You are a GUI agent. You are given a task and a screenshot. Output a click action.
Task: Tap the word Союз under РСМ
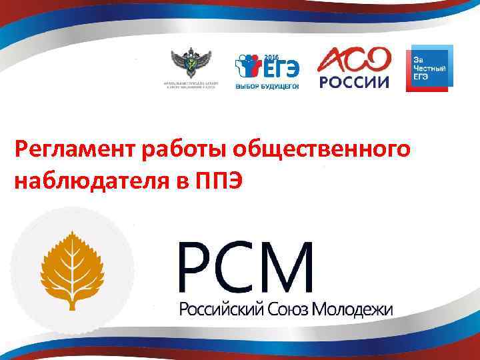pyautogui.click(x=293, y=309)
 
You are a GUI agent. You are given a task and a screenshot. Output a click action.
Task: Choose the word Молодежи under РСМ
pyautogui.click(x=357, y=309)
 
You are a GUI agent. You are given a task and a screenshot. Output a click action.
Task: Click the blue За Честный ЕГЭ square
pyautogui.click(x=429, y=68)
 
